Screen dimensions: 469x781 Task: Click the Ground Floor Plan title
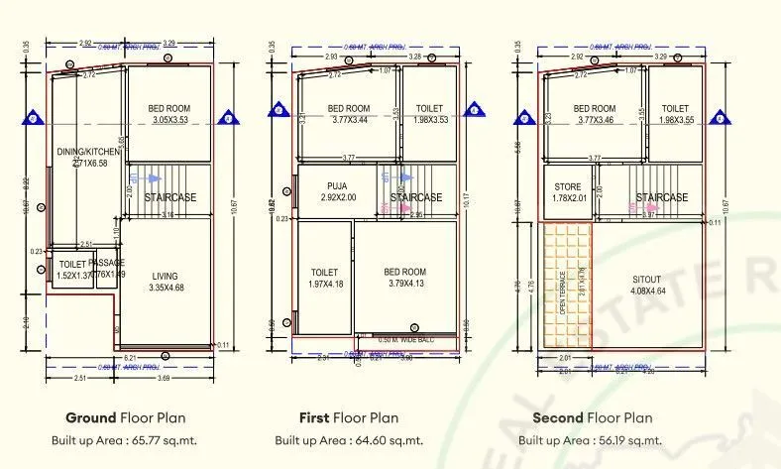(x=125, y=417)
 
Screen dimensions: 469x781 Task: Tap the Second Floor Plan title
(x=593, y=417)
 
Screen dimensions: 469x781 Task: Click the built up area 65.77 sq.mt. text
(x=125, y=439)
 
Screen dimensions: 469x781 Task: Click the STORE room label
(x=569, y=190)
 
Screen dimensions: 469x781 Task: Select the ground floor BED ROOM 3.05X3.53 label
(x=168, y=113)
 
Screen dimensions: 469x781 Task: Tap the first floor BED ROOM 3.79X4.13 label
(x=404, y=278)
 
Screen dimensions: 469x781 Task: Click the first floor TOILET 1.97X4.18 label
(x=324, y=278)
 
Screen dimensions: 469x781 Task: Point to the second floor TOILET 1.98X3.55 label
(x=674, y=114)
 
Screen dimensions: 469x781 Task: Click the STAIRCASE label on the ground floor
(x=169, y=198)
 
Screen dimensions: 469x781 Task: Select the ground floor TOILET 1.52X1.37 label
(x=72, y=269)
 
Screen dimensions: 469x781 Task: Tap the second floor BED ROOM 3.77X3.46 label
(x=595, y=114)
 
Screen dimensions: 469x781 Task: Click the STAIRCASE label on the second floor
(x=661, y=198)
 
